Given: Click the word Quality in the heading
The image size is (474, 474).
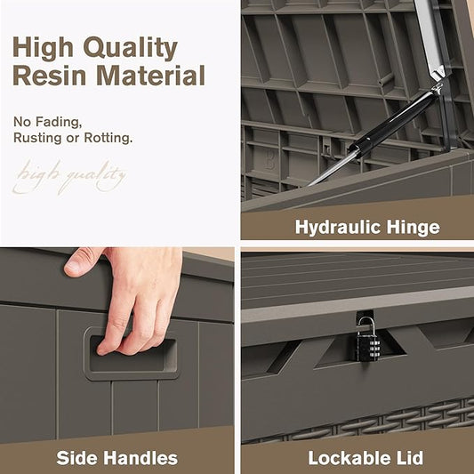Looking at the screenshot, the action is (131, 48).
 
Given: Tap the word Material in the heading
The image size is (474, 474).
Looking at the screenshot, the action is (152, 75).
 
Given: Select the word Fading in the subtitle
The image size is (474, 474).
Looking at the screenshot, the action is (59, 122).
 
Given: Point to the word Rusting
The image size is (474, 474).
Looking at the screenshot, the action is (37, 138).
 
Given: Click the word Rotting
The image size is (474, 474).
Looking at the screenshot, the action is (108, 138).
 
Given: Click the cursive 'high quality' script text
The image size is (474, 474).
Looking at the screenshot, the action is (69, 177).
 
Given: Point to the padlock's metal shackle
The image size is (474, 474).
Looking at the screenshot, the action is (366, 324).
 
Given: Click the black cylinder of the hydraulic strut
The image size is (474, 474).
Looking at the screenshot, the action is (393, 123).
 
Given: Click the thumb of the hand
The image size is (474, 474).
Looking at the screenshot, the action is (80, 261).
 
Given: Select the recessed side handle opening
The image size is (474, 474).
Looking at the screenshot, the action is (132, 355).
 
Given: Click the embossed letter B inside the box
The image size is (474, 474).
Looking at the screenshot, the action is (269, 160).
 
